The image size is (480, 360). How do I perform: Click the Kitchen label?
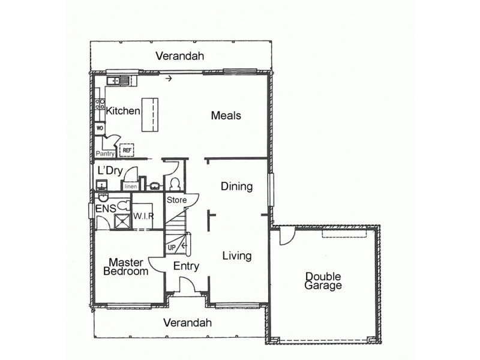pyautogui.click(x=123, y=111)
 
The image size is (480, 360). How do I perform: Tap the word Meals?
pyautogui.click(x=226, y=115)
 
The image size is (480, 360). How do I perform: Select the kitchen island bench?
pyautogui.click(x=151, y=115)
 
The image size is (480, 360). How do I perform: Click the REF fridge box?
pyautogui.click(x=127, y=150)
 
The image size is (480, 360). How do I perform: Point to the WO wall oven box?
pyautogui.click(x=99, y=128)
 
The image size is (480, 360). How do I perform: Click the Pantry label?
pyautogui.click(x=105, y=154)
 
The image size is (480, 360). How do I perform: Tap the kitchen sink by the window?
pyautogui.click(x=119, y=80)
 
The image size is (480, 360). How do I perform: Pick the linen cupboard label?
pyautogui.click(x=130, y=187)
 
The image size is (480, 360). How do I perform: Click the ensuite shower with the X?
pyautogui.click(x=124, y=221)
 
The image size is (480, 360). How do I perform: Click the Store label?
pyautogui.click(x=177, y=200)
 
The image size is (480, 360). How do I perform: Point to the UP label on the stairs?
pyautogui.click(x=172, y=247)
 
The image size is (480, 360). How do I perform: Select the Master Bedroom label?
pyautogui.click(x=125, y=266)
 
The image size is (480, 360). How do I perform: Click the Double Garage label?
pyautogui.click(x=323, y=281)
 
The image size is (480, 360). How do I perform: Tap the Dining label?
pyautogui.click(x=236, y=187)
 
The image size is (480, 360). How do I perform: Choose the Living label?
pyautogui.click(x=236, y=256)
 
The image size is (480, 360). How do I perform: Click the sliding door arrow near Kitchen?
pyautogui.click(x=169, y=78)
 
